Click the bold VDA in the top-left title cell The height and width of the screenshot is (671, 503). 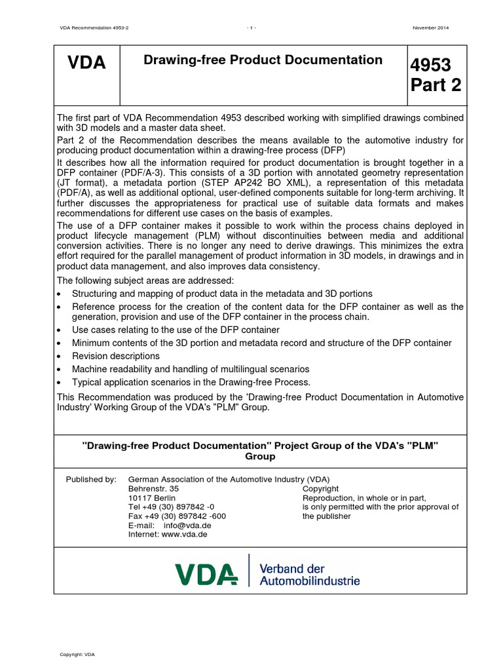pos(86,64)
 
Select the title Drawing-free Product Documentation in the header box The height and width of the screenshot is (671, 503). pos(263,60)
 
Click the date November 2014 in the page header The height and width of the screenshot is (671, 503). pos(430,28)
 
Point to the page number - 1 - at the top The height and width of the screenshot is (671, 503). pos(251,28)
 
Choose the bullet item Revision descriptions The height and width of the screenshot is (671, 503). pos(115,356)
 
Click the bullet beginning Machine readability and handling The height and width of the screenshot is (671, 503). pos(190,369)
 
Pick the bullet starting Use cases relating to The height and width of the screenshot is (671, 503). pos(176,330)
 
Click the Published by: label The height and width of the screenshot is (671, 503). pos(90,479)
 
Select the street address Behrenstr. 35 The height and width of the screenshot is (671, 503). pos(153,488)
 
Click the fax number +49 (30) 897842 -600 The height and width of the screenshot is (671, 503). pos(177,516)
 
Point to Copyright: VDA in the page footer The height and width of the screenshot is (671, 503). pos(77,654)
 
